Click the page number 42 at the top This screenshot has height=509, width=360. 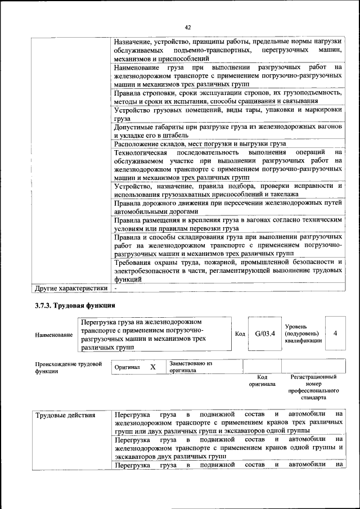[x=188, y=26]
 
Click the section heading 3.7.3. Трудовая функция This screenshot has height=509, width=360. [x=75, y=306]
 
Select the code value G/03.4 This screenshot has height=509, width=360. [x=264, y=334]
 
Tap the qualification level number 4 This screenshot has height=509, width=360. [x=335, y=334]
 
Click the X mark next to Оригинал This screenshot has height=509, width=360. [x=152, y=367]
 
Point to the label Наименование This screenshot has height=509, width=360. [x=53, y=335]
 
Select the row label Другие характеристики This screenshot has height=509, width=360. [x=70, y=289]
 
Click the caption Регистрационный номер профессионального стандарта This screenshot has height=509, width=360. [x=313, y=387]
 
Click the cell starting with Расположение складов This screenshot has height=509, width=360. [x=200, y=143]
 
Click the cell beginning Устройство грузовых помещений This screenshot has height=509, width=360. [x=228, y=114]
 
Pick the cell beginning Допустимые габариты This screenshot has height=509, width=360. [x=228, y=131]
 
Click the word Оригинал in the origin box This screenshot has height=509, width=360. [x=127, y=367]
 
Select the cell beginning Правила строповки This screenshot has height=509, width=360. [x=228, y=97]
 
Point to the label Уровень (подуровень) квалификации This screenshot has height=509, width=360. [x=304, y=334]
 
